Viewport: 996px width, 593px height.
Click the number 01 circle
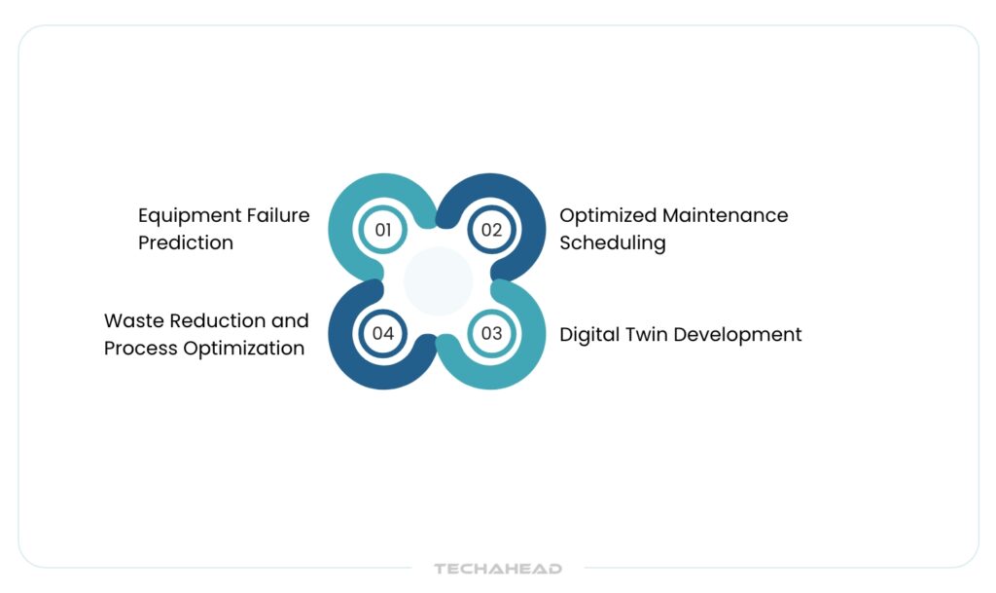383,230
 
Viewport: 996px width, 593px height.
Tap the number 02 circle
491,230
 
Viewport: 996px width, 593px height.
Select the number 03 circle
491,333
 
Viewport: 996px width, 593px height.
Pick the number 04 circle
383,333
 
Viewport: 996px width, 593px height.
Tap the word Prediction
186,242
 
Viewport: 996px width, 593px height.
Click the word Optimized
608,216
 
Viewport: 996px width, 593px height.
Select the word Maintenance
726,215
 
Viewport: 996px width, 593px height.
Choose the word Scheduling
613,243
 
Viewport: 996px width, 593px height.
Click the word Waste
133,320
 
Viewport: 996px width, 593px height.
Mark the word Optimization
244,349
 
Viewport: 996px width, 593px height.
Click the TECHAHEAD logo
498,569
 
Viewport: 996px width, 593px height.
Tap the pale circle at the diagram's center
439,281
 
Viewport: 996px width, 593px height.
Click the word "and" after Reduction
290,320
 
